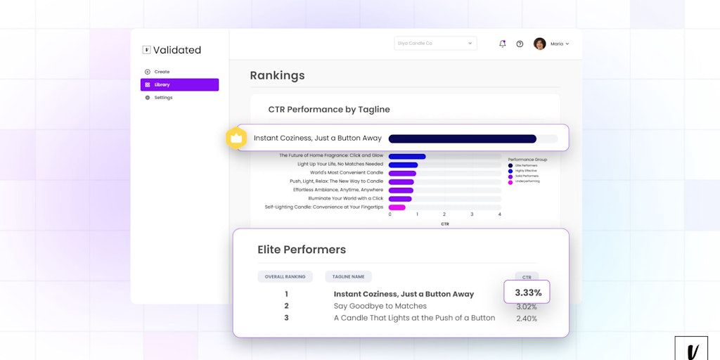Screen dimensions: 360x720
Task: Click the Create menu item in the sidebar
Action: pyautogui.click(x=161, y=72)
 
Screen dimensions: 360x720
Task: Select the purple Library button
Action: pyautogui.click(x=179, y=84)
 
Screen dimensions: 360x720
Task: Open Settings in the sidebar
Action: pyautogui.click(x=162, y=98)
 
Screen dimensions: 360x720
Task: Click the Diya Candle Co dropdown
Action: pyautogui.click(x=435, y=44)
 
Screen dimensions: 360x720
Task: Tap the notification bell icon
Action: pyautogui.click(x=502, y=44)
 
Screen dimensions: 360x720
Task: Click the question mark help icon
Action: pyautogui.click(x=520, y=44)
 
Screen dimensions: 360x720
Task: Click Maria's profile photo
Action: pyautogui.click(x=540, y=44)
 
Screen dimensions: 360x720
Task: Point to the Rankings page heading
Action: pyautogui.click(x=277, y=75)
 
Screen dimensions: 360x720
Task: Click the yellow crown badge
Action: pyautogui.click(x=236, y=138)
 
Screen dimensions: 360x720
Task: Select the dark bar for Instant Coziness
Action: pyautogui.click(x=462, y=139)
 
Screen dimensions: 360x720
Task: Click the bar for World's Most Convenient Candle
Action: pyautogui.click(x=402, y=173)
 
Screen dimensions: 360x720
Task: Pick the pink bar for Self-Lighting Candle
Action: pyautogui.click(x=397, y=207)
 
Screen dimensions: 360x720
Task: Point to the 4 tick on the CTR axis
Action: pyautogui.click(x=499, y=214)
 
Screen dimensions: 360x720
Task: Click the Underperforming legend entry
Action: pyautogui.click(x=526, y=182)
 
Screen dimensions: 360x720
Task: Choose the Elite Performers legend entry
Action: pyautogui.click(x=526, y=165)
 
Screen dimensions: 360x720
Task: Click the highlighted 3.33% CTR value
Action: pyautogui.click(x=527, y=292)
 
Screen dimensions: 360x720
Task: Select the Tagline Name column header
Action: pyautogui.click(x=348, y=277)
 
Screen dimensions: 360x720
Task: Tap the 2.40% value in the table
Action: pyautogui.click(x=527, y=319)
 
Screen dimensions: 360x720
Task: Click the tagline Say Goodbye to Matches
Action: pyautogui.click(x=380, y=307)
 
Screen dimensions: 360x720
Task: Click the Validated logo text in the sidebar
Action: pyautogui.click(x=176, y=50)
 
